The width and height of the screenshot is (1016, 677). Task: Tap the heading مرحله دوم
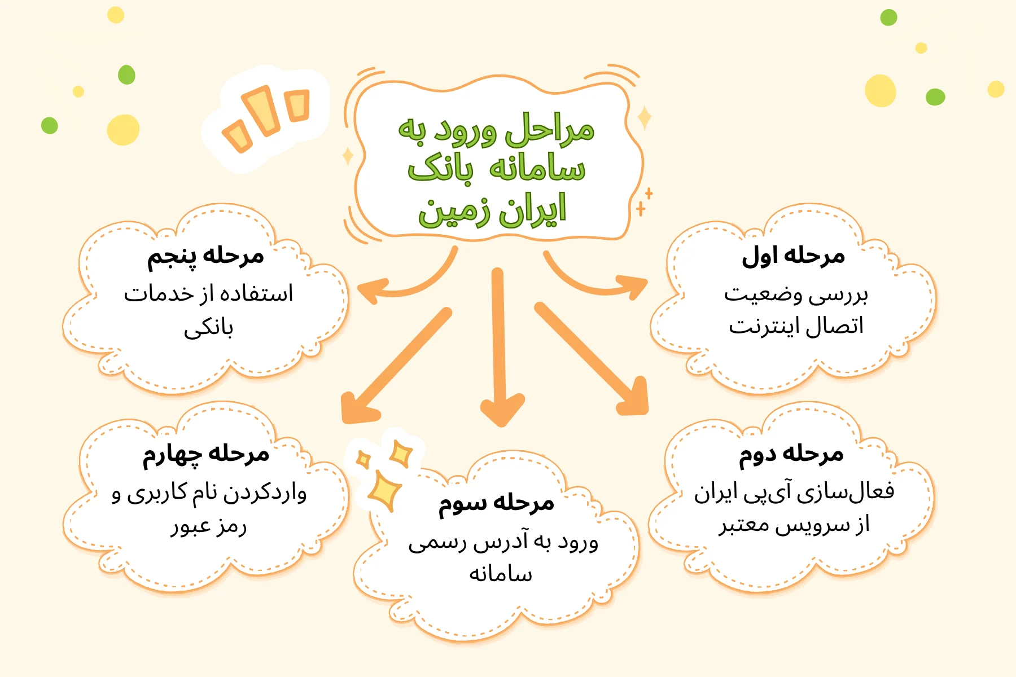791,455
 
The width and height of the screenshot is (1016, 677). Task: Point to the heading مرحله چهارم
205,455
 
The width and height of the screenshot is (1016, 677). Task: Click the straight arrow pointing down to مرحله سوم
499,350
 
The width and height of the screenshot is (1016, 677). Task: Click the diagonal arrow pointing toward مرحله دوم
593,361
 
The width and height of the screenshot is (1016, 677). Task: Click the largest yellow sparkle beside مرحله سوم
384,491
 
